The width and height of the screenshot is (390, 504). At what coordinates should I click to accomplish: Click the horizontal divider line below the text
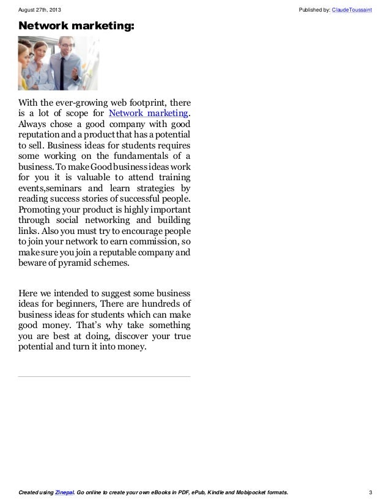[104, 376]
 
